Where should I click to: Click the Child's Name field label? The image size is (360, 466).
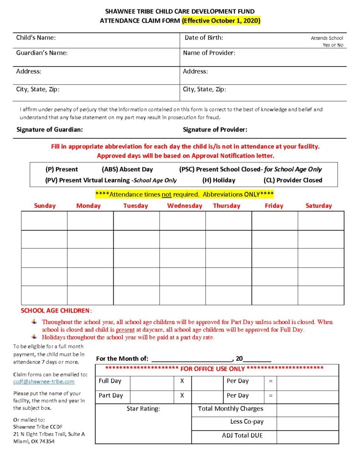(x=36, y=38)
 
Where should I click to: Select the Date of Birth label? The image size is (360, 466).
(x=204, y=38)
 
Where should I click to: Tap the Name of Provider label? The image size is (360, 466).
(x=209, y=53)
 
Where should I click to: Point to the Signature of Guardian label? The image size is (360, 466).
(x=50, y=130)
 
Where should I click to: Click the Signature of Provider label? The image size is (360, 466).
(x=215, y=130)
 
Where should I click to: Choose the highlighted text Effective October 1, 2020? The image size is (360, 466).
(x=221, y=20)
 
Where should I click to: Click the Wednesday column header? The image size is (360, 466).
(x=184, y=206)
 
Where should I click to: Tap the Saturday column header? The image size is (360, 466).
(x=319, y=206)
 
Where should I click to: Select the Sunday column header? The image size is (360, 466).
(x=45, y=206)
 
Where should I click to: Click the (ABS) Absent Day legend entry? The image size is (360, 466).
(x=121, y=169)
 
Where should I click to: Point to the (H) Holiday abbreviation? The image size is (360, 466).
(x=219, y=180)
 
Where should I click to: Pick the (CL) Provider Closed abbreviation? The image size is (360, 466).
(x=293, y=180)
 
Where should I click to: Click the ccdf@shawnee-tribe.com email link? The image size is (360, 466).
(x=44, y=382)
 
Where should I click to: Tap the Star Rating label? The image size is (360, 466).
(x=143, y=409)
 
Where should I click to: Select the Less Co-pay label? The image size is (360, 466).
(x=247, y=422)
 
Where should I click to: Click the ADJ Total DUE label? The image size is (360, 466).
(x=242, y=436)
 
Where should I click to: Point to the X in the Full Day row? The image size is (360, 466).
(x=182, y=381)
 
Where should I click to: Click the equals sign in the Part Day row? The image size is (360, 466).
(x=270, y=395)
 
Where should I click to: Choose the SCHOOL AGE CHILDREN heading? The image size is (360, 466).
(x=56, y=311)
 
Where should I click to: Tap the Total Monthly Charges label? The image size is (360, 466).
(x=230, y=409)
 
